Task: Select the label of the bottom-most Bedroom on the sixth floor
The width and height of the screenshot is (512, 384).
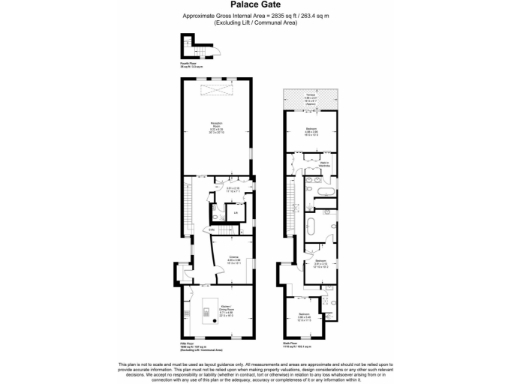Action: pyautogui.click(x=304, y=318)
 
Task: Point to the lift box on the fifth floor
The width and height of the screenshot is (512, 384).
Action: pyautogui.click(x=234, y=212)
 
